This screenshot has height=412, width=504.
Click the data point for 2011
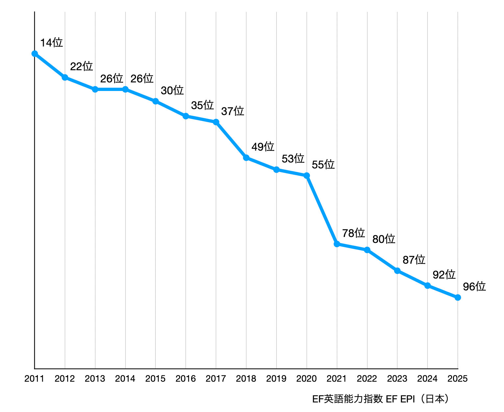pos(35,54)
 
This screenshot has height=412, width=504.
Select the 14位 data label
pos(51,43)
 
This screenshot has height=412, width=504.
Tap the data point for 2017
pos(216,122)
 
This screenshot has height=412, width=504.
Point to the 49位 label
pos(263,147)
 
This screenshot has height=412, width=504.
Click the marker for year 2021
pos(337,244)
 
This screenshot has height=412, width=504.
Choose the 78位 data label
pos(354,233)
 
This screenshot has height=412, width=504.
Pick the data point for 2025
pos(458,297)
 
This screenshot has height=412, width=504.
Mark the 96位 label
pos(474,286)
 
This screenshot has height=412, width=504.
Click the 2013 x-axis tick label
pos(95,379)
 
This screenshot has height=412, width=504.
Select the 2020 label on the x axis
pos(307,379)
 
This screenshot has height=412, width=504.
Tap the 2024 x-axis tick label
pos(427,379)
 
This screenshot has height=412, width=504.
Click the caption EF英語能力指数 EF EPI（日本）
pos(381,399)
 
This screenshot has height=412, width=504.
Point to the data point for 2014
pos(125,89)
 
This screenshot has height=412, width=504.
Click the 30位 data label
pos(172,90)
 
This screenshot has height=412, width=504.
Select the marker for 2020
pos(307,176)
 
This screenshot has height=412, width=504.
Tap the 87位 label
pos(414,260)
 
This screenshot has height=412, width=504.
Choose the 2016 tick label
pos(186,379)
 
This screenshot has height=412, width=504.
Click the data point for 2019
pos(276,170)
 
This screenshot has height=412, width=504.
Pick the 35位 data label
pos(203,105)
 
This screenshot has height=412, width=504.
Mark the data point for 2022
pos(367,250)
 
